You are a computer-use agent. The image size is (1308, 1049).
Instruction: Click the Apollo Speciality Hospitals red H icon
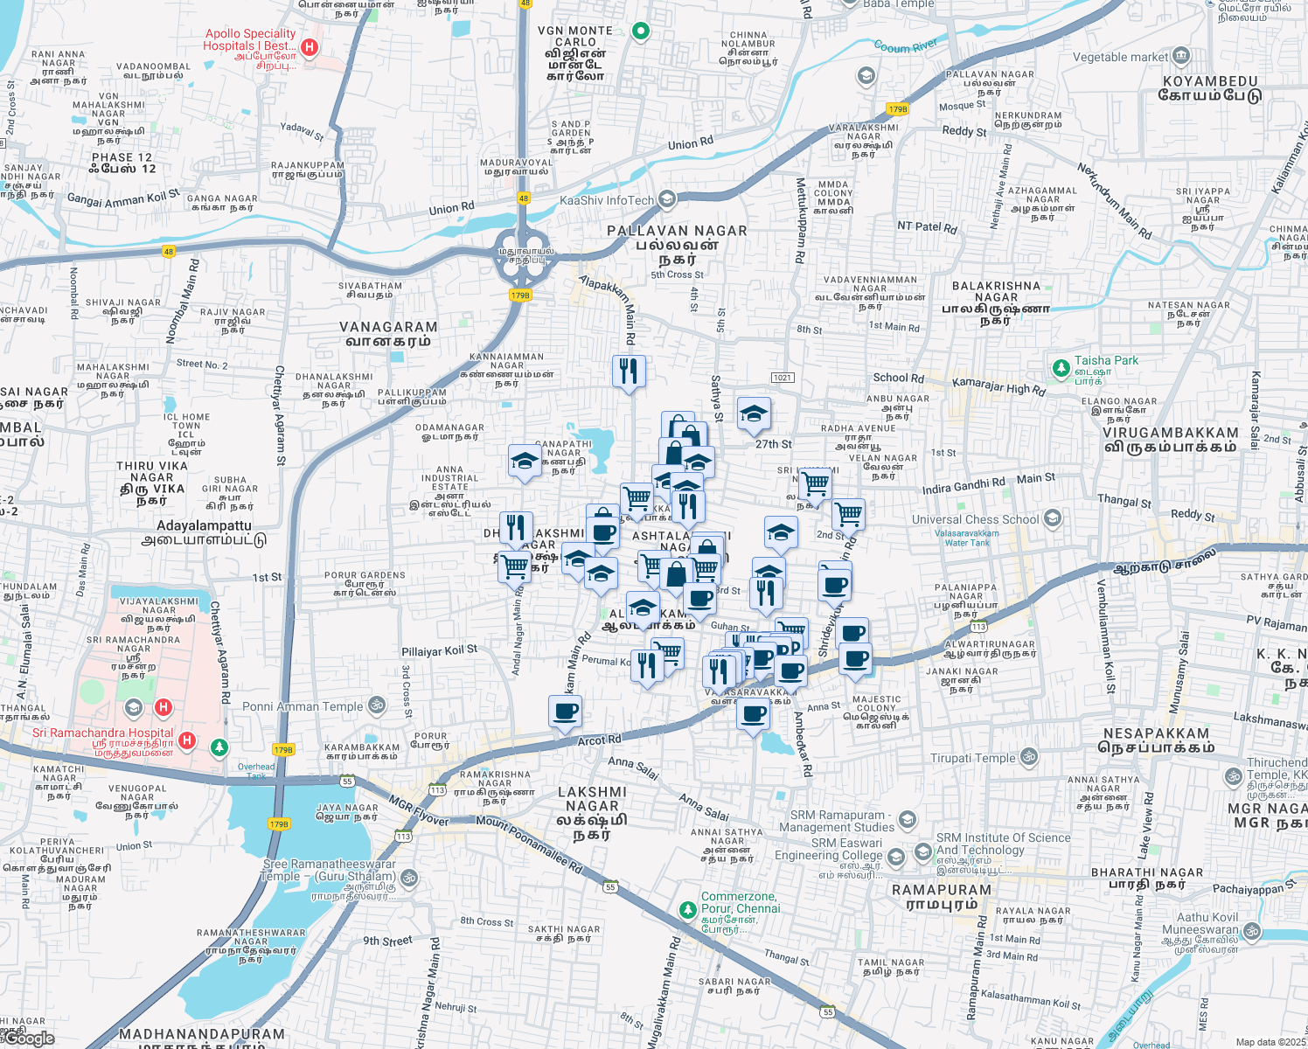click(x=308, y=46)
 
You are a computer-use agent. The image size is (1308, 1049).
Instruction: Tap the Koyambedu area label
click(x=1210, y=88)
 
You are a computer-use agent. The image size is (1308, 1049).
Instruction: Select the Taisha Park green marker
click(x=1061, y=368)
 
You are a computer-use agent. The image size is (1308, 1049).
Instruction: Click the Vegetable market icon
click(x=1181, y=57)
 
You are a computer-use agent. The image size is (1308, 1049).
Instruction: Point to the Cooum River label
click(x=905, y=46)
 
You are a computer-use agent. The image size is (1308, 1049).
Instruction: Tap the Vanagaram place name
click(x=388, y=334)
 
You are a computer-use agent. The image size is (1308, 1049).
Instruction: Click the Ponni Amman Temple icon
click(x=377, y=705)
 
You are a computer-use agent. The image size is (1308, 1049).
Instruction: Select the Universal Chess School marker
click(x=1053, y=518)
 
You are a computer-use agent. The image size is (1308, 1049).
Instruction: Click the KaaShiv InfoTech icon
click(x=667, y=199)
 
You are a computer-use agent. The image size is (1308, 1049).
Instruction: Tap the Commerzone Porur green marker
click(x=688, y=909)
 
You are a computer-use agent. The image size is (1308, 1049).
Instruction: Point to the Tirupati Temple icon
click(x=1029, y=757)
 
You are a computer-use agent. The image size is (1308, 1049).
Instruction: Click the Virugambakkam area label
click(x=1171, y=440)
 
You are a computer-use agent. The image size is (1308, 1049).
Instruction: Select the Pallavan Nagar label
click(x=678, y=238)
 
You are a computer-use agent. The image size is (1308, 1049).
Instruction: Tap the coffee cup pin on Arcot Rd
click(x=565, y=711)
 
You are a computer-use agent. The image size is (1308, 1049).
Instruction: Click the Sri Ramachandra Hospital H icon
click(x=186, y=740)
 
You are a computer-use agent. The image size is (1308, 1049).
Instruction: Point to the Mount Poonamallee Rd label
click(x=529, y=844)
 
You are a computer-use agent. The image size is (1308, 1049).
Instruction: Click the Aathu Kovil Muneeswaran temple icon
click(x=1251, y=931)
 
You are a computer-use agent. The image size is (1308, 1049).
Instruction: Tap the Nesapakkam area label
click(x=1156, y=740)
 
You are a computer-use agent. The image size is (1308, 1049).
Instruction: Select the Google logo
click(x=30, y=1038)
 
